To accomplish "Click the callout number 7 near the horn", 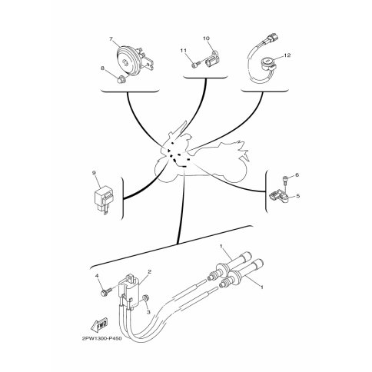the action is click(111, 39).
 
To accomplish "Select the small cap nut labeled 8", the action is click(120, 79).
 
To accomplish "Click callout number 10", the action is click(206, 38).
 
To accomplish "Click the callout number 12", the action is click(287, 55).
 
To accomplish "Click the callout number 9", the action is click(94, 173).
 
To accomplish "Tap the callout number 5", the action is click(297, 196).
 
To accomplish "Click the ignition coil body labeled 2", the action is click(131, 292).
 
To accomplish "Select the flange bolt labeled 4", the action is click(106, 292).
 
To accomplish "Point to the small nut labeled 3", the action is click(145, 298).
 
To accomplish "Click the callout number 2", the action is click(150, 272).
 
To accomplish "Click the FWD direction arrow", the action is click(99, 325).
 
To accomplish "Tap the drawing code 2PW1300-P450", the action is click(102, 338).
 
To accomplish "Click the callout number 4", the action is click(97, 276).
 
